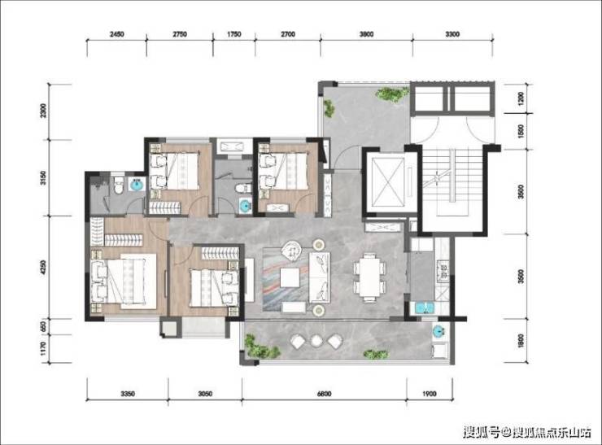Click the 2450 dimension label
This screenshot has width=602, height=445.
pyautogui.click(x=116, y=34)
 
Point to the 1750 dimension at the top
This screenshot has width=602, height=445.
pyautogui.click(x=233, y=34)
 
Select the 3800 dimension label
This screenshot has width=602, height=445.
pyautogui.click(x=366, y=34)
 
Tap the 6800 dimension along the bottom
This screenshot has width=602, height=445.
pyautogui.click(x=325, y=394)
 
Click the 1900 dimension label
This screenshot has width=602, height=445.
pyautogui.click(x=430, y=394)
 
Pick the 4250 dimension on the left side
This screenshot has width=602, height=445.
pyautogui.click(x=43, y=267)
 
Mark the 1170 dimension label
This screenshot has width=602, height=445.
pyautogui.click(x=43, y=349)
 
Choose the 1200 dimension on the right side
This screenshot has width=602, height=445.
pyautogui.click(x=521, y=98)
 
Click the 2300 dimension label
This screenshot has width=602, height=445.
pyautogui.click(x=43, y=111)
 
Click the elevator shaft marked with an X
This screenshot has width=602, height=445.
pyautogui.click(x=389, y=181)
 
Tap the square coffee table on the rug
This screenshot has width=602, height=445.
pyautogui.click(x=290, y=277)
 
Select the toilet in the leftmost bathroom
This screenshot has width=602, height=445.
pyautogui.click(x=118, y=185)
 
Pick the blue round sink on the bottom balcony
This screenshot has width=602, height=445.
pyautogui.click(x=438, y=331)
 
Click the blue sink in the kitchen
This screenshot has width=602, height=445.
pyautogui.click(x=424, y=308)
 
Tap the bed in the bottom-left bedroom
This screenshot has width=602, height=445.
pyautogui.click(x=124, y=281)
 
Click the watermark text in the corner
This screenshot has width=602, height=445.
pyautogui.click(x=527, y=433)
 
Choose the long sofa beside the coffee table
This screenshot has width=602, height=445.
pyautogui.click(x=320, y=277)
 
